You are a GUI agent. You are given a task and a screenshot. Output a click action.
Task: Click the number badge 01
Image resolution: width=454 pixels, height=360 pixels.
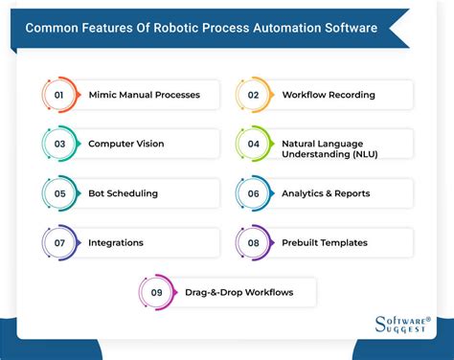58,95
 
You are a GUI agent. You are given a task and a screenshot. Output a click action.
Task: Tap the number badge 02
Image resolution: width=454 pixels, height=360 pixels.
253,95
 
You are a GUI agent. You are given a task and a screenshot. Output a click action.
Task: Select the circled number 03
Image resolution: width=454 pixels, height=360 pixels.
58,144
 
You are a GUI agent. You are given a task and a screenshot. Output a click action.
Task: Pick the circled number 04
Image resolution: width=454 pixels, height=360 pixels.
253,144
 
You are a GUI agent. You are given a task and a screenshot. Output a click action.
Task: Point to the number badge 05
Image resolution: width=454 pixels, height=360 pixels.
58,193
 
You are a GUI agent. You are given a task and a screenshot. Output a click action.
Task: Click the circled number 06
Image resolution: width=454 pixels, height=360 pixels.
253,193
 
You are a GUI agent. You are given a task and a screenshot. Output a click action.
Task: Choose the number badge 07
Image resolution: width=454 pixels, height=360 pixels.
58,242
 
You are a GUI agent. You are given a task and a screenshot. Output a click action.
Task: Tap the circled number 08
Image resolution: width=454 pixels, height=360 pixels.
253,242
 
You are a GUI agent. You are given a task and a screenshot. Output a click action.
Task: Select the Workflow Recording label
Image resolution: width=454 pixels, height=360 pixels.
329,95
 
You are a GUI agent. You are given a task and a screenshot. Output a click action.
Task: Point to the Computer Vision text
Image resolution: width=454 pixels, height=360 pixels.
125,144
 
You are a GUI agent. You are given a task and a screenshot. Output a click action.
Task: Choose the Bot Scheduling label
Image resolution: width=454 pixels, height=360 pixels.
123,193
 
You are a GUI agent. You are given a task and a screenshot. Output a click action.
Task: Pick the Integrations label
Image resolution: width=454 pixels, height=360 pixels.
116,242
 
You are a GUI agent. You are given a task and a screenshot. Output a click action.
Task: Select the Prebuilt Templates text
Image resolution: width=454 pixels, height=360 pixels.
324,242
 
